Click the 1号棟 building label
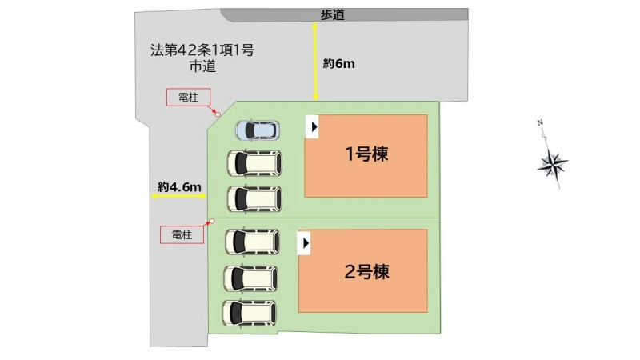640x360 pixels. point(366,154)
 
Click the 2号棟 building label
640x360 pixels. point(366,271)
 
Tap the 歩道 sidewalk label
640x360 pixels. point(332,14)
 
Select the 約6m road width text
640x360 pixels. point(338,63)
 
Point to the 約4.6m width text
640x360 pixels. point(178,187)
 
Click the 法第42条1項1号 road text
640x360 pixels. point(202,50)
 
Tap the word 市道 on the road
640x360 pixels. point(202,67)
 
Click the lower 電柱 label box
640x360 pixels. point(182,234)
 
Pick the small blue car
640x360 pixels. point(257,130)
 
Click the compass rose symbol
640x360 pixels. point(553,164)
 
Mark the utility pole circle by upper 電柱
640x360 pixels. point(218,114)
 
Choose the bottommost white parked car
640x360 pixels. point(250,312)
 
